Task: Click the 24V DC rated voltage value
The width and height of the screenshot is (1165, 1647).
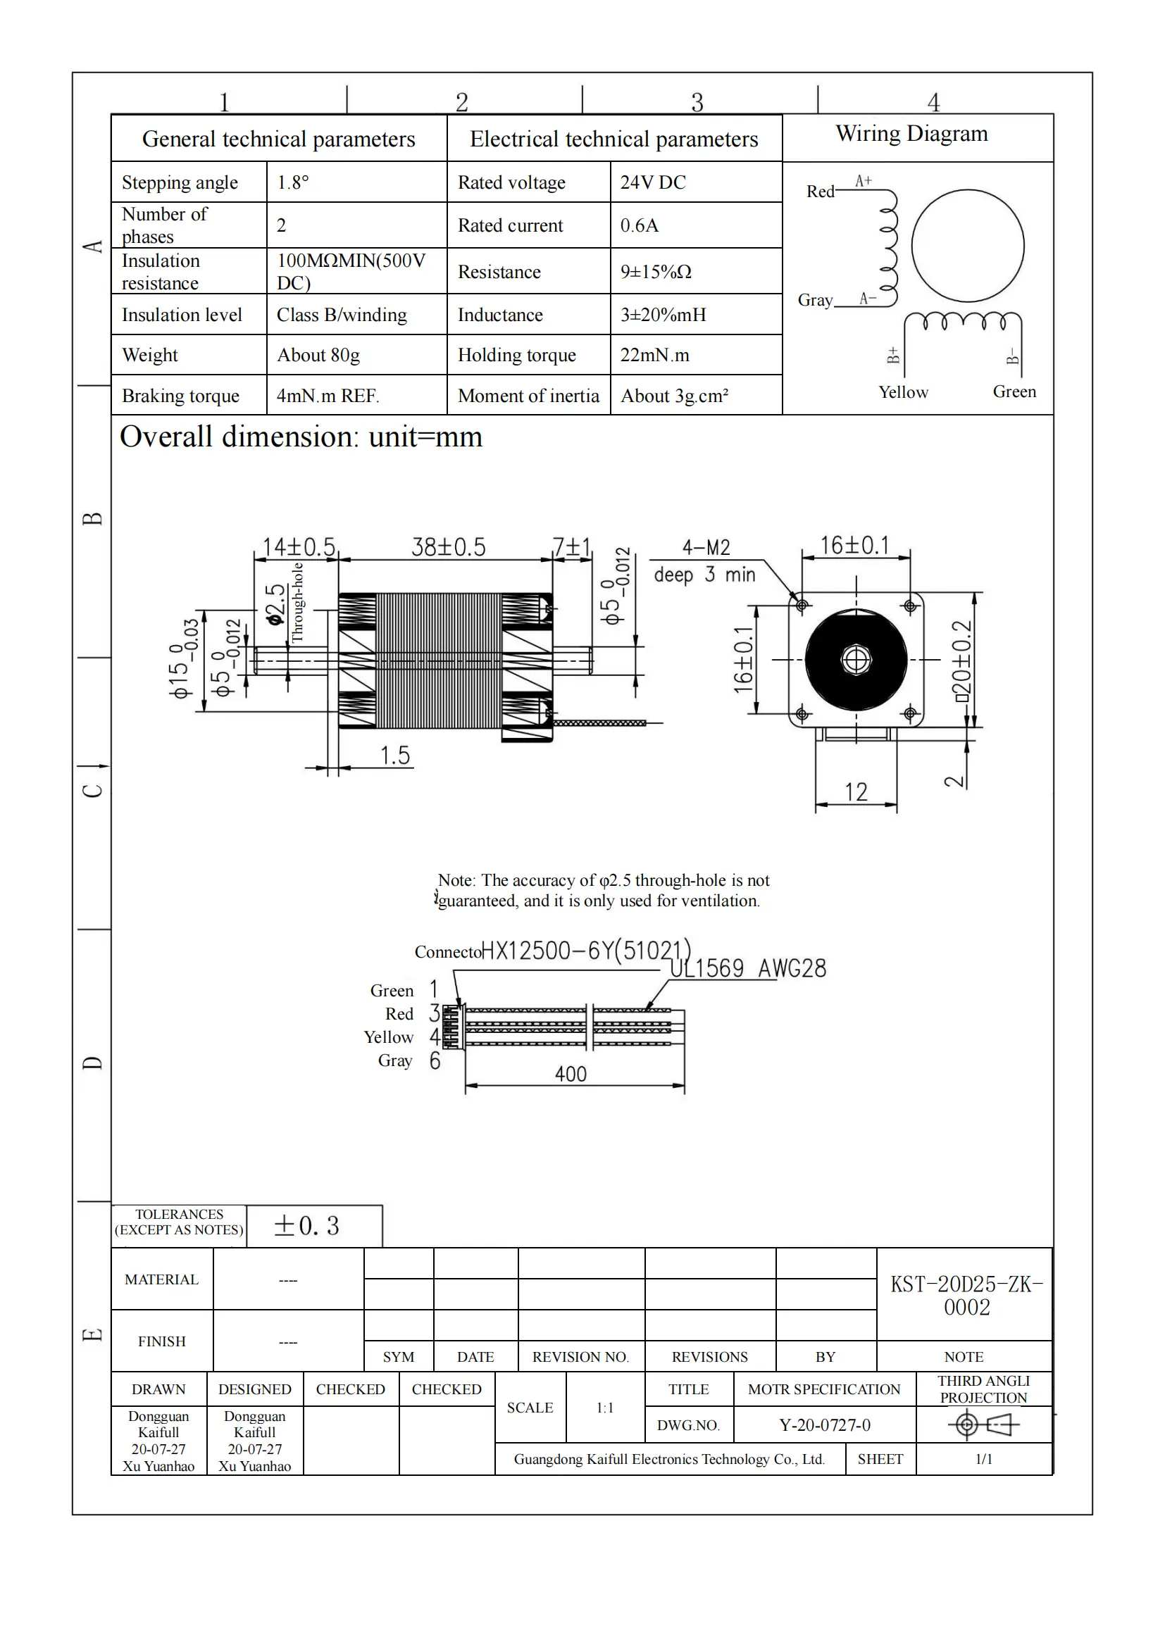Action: coord(653,182)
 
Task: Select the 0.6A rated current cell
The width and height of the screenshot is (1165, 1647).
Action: coord(639,225)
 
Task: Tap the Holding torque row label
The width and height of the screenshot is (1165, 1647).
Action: coord(516,355)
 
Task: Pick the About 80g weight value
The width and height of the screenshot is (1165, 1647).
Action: coord(318,355)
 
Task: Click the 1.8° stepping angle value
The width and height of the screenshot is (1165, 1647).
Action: coord(293,182)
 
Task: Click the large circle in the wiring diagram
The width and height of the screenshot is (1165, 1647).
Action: coord(968,246)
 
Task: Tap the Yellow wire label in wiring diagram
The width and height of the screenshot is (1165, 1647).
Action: coord(903,392)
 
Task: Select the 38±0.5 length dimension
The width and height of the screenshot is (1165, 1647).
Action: coord(449,547)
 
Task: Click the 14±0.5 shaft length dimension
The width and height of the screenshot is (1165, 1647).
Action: coord(299,547)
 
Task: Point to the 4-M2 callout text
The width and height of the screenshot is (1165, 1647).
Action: coord(706,548)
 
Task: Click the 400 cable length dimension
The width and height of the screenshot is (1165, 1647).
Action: coord(571,1074)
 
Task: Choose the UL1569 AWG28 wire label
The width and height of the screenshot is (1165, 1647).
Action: coord(747,968)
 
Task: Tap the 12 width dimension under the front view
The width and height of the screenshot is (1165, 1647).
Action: coord(856,792)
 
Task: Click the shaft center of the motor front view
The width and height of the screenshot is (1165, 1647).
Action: coord(856,659)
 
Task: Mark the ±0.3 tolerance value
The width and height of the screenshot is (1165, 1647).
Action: coord(306,1226)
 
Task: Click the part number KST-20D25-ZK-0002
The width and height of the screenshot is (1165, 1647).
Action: coord(966,1296)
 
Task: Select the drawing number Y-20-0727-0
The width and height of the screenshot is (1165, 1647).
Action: coord(824,1424)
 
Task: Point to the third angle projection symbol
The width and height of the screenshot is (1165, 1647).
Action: coord(983,1424)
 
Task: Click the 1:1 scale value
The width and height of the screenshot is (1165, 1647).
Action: coord(605,1408)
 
